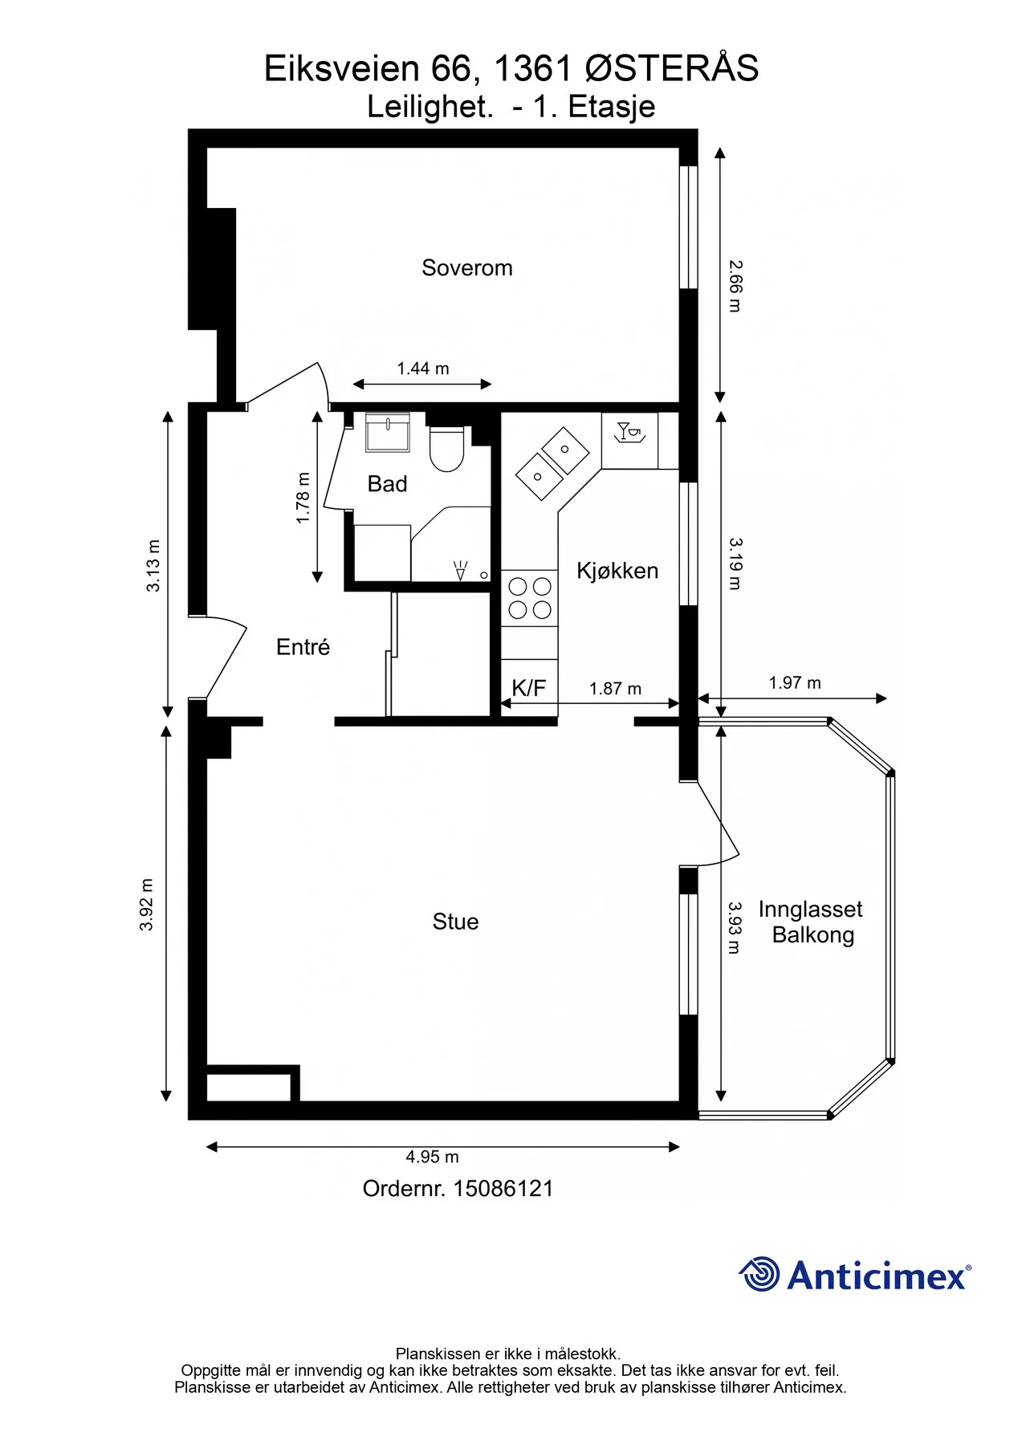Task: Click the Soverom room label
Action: pos(466,268)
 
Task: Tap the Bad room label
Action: pos(387,484)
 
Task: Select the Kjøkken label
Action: pos(617,571)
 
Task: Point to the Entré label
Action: pos(303,647)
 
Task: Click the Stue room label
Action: pos(455,922)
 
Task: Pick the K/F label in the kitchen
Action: pos(528,688)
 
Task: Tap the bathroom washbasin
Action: pos(388,433)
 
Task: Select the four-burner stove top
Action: pos(529,598)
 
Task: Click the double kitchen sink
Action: pos(552,462)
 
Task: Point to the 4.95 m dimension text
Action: pos(432,1157)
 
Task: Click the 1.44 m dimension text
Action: pos(423,368)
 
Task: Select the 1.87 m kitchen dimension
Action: pos(615,689)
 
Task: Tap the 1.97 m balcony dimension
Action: pos(795,683)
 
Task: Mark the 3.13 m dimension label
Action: pos(153,566)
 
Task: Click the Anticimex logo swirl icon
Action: pos(759,1274)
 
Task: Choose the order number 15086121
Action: pos(503,1189)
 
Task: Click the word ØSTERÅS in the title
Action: pos(672,69)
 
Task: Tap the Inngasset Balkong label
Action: pos(811,922)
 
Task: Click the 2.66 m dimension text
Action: pos(735,286)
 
